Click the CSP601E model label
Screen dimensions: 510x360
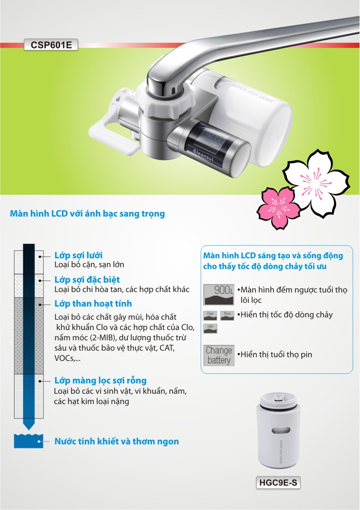pyautogui.click(x=51, y=45)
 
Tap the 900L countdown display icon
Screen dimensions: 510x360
pyautogui.click(x=218, y=293)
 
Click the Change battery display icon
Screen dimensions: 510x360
pyautogui.click(x=219, y=355)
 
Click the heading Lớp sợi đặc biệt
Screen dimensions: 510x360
pyautogui.click(x=87, y=280)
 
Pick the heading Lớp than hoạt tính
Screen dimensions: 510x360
pyautogui.click(x=93, y=303)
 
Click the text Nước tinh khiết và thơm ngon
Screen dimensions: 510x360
pyautogui.click(x=116, y=441)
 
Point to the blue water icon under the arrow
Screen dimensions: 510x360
pyautogui.click(x=29, y=441)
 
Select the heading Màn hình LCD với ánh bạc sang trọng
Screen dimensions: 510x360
pyautogui.click(x=87, y=214)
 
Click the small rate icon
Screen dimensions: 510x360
pyautogui.click(x=210, y=329)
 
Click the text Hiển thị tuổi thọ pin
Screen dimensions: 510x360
pyautogui.click(x=275, y=354)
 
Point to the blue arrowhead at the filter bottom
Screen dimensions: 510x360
pyautogui.click(x=29, y=425)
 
